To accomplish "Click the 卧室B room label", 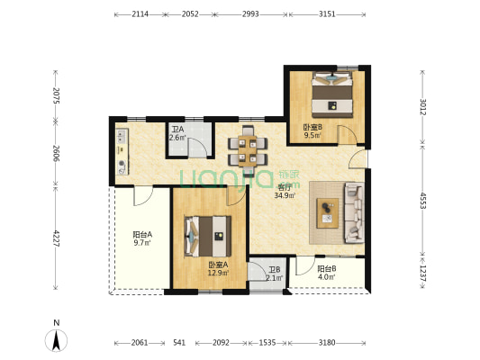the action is point(312,130).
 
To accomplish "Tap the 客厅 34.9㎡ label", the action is point(285,192).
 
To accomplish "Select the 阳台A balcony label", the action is point(142,238).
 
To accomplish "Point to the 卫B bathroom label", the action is point(275,274).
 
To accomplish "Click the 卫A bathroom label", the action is point(177,133).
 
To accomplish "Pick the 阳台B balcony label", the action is point(327,273).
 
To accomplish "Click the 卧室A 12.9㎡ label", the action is point(218,269).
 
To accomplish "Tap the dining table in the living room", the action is point(248,151).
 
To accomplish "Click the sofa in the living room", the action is point(355,212).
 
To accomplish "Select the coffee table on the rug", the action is point(328,213).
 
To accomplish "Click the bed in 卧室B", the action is point(332,94).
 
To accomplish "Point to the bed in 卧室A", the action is point(208,237).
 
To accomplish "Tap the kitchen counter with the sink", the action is point(122,152).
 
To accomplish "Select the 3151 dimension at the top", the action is point(327,14).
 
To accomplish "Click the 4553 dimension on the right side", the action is point(422,201).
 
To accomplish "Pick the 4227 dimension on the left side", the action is point(56,238).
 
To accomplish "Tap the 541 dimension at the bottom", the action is point(179,343).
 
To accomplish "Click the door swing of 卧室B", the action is point(347,134).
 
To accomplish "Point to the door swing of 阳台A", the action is point(143,196).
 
